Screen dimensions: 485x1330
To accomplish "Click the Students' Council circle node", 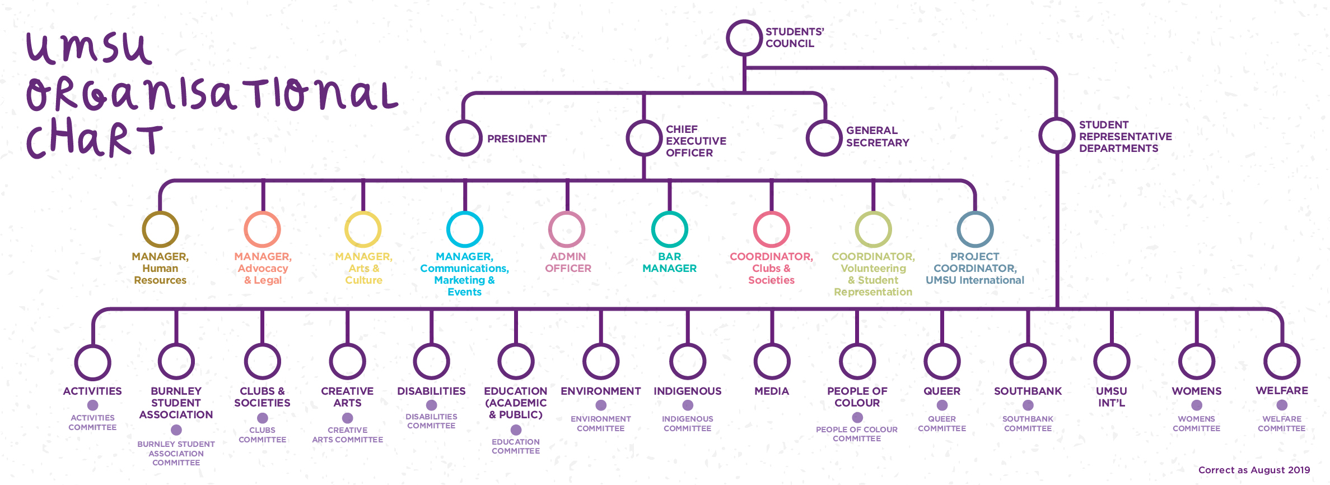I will [744, 38].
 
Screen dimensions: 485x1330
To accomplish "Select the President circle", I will [464, 138].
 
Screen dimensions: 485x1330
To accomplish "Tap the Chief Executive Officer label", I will [696, 141].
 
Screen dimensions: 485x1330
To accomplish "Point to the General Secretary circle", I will [824, 138].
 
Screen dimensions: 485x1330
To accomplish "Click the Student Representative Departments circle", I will [1056, 135].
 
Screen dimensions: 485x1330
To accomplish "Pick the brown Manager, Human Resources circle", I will [160, 229].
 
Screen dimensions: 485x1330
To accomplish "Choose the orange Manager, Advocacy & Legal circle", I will [262, 229].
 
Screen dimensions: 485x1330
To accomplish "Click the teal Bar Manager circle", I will [669, 229].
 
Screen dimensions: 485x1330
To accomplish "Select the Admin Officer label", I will [568, 262].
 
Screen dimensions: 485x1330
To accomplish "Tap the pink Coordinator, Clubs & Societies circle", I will [771, 229].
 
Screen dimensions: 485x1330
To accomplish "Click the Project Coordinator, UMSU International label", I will [974, 269].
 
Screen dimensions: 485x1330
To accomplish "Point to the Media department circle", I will [772, 362].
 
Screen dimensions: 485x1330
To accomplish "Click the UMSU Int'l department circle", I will [1112, 362].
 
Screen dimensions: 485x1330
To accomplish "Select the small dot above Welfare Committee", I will [1282, 405].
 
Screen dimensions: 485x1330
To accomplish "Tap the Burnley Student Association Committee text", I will [176, 453].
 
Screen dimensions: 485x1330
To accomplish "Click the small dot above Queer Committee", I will [942, 405].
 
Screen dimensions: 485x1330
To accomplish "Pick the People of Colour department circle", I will [857, 362].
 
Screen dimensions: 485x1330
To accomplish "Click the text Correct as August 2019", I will [1254, 470].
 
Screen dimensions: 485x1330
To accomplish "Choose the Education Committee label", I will [516, 446].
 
